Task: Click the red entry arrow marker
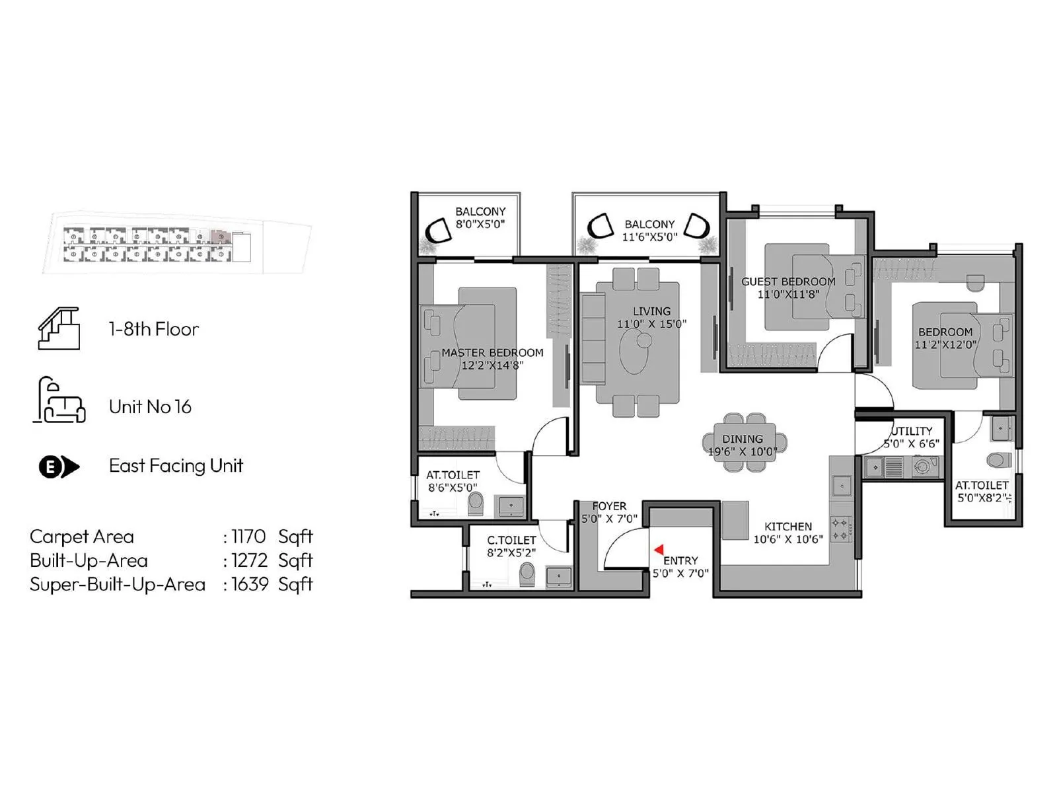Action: pos(659,550)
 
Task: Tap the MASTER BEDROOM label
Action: pos(492,353)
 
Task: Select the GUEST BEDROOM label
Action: pos(788,282)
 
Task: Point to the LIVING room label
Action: pos(651,311)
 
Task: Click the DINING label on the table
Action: pos(743,439)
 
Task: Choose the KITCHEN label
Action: pos(788,527)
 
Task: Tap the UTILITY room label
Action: pos(912,431)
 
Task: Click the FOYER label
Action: pos(609,506)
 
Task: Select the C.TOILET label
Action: pos(511,540)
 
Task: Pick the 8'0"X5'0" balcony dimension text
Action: pos(480,224)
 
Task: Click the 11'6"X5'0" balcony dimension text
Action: pos(650,237)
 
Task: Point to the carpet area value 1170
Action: pos(248,537)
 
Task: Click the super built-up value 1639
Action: pos(250,584)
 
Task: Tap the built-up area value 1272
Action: pos(249,560)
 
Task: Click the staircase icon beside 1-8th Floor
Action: pos(59,328)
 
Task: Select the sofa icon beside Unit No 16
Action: pos(59,400)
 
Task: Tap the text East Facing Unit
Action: pos(176,466)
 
